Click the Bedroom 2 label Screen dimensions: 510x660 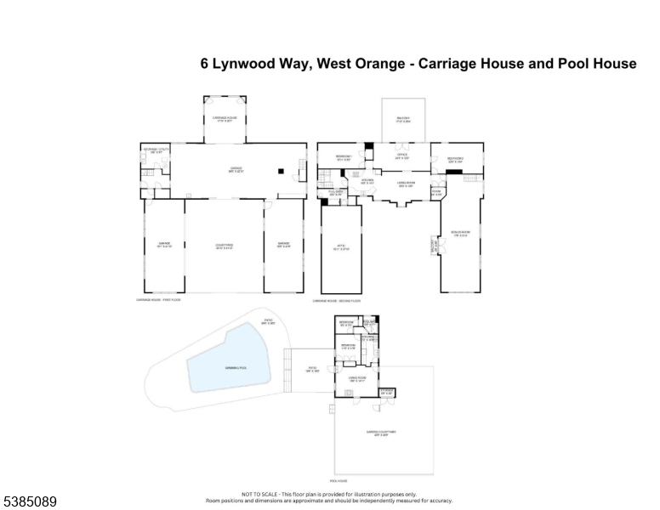pos(456,159)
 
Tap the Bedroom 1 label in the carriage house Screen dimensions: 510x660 pos(343,158)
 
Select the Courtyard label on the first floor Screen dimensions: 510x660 pos(224,247)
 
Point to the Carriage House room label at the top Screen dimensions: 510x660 pos(224,120)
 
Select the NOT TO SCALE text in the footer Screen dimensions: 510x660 pos(256,494)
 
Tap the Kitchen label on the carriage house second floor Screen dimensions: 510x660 pos(367,181)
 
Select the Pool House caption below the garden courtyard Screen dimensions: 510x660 pos(339,481)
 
